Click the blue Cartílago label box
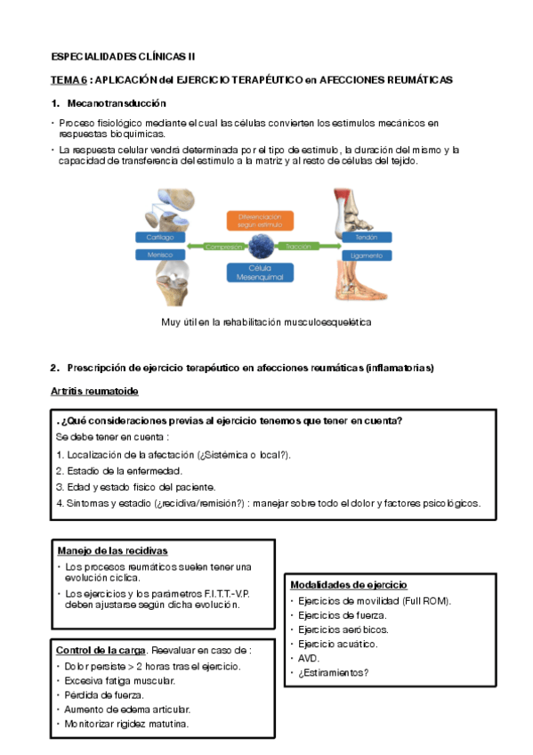(x=160, y=238)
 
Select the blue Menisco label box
(x=160, y=255)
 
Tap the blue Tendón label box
(x=367, y=238)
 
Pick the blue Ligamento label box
(x=367, y=256)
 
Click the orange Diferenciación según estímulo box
(x=260, y=221)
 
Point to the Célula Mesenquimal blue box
(x=260, y=272)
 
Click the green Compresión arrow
(x=217, y=247)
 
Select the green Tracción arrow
(x=308, y=247)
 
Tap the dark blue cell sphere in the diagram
(x=262, y=246)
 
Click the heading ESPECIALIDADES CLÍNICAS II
(x=123, y=57)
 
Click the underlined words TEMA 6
(x=69, y=80)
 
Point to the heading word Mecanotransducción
(x=117, y=103)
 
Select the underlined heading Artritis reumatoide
(x=95, y=392)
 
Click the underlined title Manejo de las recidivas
(x=113, y=551)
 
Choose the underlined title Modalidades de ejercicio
(x=349, y=585)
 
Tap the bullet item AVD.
(x=309, y=658)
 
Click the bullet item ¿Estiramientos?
(x=334, y=673)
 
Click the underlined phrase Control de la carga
(x=101, y=651)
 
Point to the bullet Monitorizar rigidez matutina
(x=126, y=724)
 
